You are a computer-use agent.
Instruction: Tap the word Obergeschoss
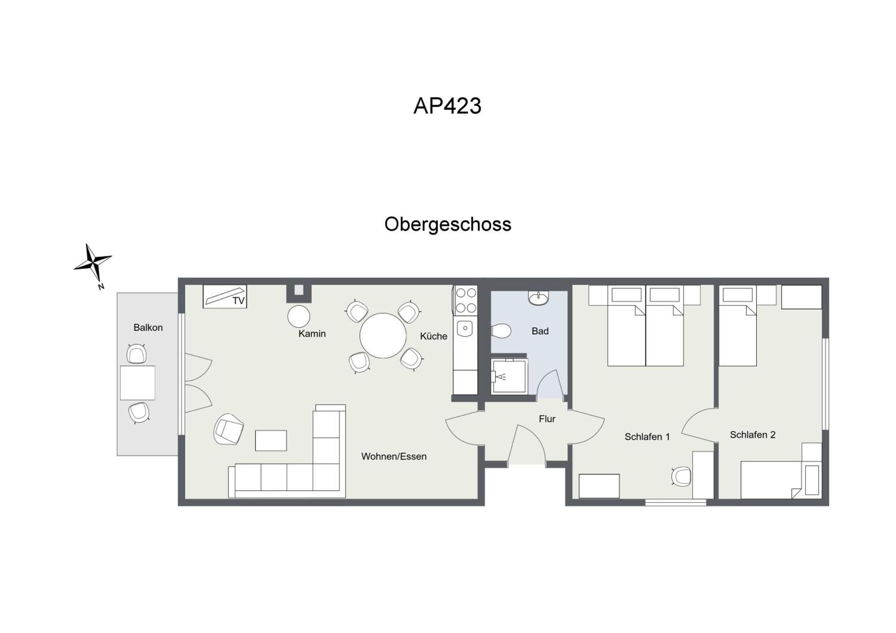coord(448,225)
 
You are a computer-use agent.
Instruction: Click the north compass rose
coord(93,264)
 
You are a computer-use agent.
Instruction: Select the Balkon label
coord(148,328)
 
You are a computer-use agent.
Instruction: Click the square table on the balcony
coord(137,382)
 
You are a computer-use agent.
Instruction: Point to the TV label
coord(238,301)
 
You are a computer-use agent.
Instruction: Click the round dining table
coord(383,335)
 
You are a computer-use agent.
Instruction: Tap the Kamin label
coord(312,334)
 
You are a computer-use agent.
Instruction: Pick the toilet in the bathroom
coord(501,331)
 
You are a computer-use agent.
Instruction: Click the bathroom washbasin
coord(538,298)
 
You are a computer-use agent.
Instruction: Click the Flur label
coord(547,419)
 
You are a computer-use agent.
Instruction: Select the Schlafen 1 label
coord(647,437)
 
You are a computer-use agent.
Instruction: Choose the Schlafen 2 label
coord(752,435)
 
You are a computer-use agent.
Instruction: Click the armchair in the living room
coord(229,429)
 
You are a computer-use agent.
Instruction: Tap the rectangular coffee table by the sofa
coord(271,441)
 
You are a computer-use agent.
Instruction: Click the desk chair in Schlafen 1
coord(681,476)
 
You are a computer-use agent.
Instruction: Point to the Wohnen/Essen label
coord(394,457)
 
